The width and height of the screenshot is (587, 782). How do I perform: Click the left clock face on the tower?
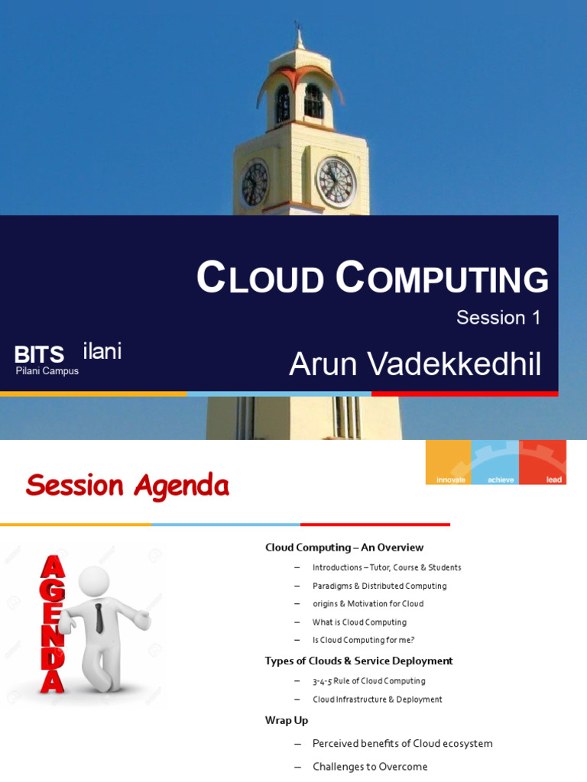(x=255, y=184)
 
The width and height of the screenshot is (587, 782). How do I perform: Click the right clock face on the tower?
(x=336, y=183)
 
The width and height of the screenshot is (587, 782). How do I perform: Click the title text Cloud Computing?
(x=372, y=279)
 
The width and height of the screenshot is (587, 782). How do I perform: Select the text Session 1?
(x=498, y=318)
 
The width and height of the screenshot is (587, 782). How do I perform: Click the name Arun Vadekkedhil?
(x=415, y=364)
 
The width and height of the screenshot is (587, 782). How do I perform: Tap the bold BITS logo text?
(x=39, y=355)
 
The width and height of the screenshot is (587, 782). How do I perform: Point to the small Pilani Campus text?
(x=47, y=371)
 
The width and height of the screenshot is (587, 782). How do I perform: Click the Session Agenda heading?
(x=127, y=485)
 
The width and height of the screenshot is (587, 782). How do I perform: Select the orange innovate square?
(x=449, y=462)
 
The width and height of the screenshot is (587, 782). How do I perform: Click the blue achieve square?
(x=495, y=462)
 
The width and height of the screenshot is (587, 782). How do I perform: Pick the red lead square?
(x=543, y=462)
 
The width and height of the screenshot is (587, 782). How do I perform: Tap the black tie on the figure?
(x=99, y=617)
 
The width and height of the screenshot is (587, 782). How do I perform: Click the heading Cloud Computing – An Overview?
(x=344, y=548)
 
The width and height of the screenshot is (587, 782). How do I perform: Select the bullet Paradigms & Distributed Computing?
(x=379, y=586)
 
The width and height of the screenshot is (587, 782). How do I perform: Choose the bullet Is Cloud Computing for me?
(x=363, y=640)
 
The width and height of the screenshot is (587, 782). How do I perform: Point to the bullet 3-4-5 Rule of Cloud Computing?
(x=368, y=681)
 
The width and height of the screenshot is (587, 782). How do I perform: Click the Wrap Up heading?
(x=287, y=720)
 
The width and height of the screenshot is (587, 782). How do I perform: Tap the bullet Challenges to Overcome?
(x=370, y=767)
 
